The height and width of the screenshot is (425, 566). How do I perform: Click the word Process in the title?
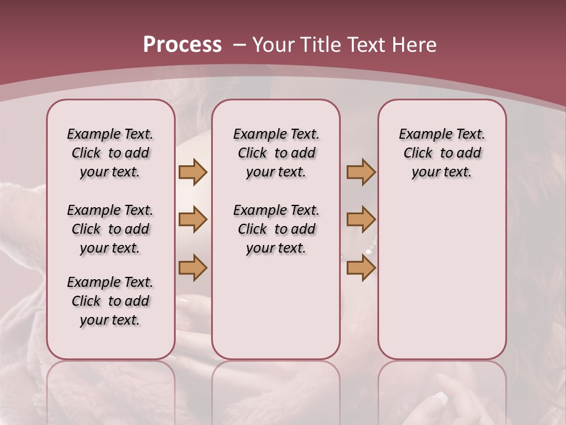182,45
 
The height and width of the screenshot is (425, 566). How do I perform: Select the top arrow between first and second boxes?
193,172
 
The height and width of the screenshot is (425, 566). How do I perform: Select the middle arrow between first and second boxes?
193,220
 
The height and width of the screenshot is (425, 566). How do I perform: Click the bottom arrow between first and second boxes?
193,268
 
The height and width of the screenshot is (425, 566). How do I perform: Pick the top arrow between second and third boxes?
361,172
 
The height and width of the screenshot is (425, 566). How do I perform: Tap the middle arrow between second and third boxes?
361,220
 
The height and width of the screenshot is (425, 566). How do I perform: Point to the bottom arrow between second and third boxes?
361,268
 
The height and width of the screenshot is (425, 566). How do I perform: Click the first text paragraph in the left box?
110,153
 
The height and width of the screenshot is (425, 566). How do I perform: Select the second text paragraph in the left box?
110,229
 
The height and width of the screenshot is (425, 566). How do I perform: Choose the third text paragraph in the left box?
110,301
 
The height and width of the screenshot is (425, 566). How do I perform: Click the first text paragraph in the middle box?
276,153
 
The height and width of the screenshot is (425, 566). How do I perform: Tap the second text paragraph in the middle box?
276,229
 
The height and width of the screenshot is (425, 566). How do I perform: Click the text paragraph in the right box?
442,153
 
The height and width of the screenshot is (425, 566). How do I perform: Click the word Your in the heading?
274,45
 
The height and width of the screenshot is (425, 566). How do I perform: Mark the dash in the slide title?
239,45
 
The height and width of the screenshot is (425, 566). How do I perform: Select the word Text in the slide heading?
367,45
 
